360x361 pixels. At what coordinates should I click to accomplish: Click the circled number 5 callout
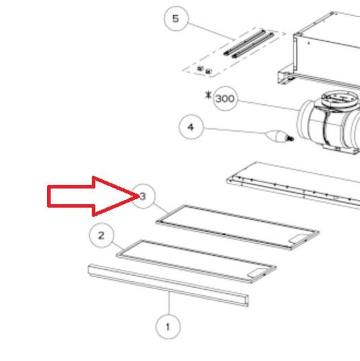click(176, 18)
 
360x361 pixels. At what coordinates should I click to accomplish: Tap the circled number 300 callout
click(225, 99)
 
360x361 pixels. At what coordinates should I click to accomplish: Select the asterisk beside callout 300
click(208, 95)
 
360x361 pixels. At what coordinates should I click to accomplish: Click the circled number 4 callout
click(191, 127)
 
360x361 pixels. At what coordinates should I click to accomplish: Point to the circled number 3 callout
click(143, 197)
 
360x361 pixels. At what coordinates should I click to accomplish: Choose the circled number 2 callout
click(102, 235)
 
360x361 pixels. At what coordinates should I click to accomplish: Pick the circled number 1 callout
click(168, 327)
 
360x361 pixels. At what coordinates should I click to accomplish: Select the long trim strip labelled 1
click(168, 285)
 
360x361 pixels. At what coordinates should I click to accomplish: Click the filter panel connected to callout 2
click(196, 261)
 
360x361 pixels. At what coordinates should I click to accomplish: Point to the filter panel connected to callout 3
click(237, 227)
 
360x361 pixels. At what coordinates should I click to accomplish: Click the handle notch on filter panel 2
click(256, 273)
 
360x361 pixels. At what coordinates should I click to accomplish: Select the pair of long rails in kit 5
click(248, 43)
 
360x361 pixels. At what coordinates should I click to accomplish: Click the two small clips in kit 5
click(205, 70)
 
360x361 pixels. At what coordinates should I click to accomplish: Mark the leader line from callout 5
click(211, 31)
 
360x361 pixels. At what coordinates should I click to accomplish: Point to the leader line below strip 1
click(169, 303)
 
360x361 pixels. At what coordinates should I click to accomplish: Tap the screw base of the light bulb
click(289, 138)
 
